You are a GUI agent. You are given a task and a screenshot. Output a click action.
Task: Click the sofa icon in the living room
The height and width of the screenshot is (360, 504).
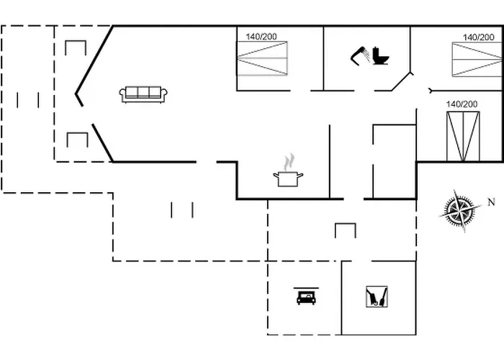[x=143, y=94]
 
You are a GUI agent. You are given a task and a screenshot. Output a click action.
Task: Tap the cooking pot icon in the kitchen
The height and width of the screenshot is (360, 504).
[x=288, y=179]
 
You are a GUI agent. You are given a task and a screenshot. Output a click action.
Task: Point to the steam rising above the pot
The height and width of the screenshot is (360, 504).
[x=289, y=162]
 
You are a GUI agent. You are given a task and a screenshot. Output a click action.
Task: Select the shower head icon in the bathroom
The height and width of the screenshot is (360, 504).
[x=360, y=56]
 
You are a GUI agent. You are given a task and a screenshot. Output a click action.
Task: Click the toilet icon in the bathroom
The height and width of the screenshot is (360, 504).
[x=381, y=56]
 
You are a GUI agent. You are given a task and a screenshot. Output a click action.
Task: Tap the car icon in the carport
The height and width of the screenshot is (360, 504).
[x=306, y=296]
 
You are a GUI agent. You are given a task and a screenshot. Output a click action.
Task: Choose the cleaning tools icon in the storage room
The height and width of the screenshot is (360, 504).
[x=377, y=297]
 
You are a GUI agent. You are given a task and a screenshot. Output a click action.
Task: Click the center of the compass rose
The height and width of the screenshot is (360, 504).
[x=460, y=211]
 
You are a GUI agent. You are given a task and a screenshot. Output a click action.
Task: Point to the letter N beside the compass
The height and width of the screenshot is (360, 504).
[x=492, y=202]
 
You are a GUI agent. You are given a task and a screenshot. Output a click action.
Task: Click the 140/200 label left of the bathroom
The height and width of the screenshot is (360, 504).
[x=261, y=37]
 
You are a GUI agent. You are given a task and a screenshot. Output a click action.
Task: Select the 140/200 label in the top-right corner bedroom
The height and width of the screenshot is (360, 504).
[x=478, y=37]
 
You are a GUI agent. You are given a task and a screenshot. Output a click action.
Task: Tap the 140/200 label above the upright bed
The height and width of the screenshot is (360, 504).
[x=462, y=104]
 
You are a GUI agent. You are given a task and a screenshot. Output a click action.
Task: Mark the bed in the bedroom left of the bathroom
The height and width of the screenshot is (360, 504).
[x=262, y=58]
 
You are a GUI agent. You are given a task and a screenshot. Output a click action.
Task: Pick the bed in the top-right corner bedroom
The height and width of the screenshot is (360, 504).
[x=477, y=60]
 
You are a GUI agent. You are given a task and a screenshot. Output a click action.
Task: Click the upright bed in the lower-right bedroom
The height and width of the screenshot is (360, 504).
[x=463, y=136]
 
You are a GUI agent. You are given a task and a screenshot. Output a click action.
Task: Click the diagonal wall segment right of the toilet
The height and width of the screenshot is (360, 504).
[x=401, y=81]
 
